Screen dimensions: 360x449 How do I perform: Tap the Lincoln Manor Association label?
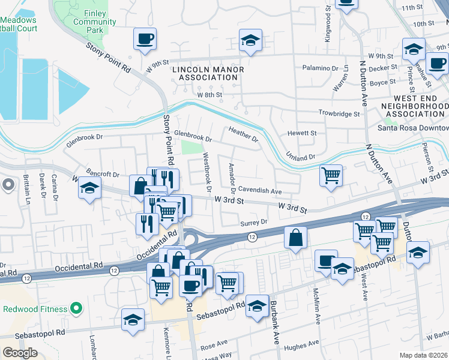pos(208,73)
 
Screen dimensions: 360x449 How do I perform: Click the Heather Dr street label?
pos(243,134)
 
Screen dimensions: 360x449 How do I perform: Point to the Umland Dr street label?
pos(301,156)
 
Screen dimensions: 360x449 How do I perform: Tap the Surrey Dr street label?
pos(253,222)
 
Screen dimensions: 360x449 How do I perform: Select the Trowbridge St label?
pos(339,113)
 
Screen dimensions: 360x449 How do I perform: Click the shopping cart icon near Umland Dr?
pos(331,176)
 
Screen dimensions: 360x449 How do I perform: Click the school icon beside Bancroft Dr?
pos(89,190)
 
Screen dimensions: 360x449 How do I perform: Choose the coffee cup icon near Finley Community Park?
pos(145,39)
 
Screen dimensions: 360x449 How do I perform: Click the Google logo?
pos(20,353)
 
